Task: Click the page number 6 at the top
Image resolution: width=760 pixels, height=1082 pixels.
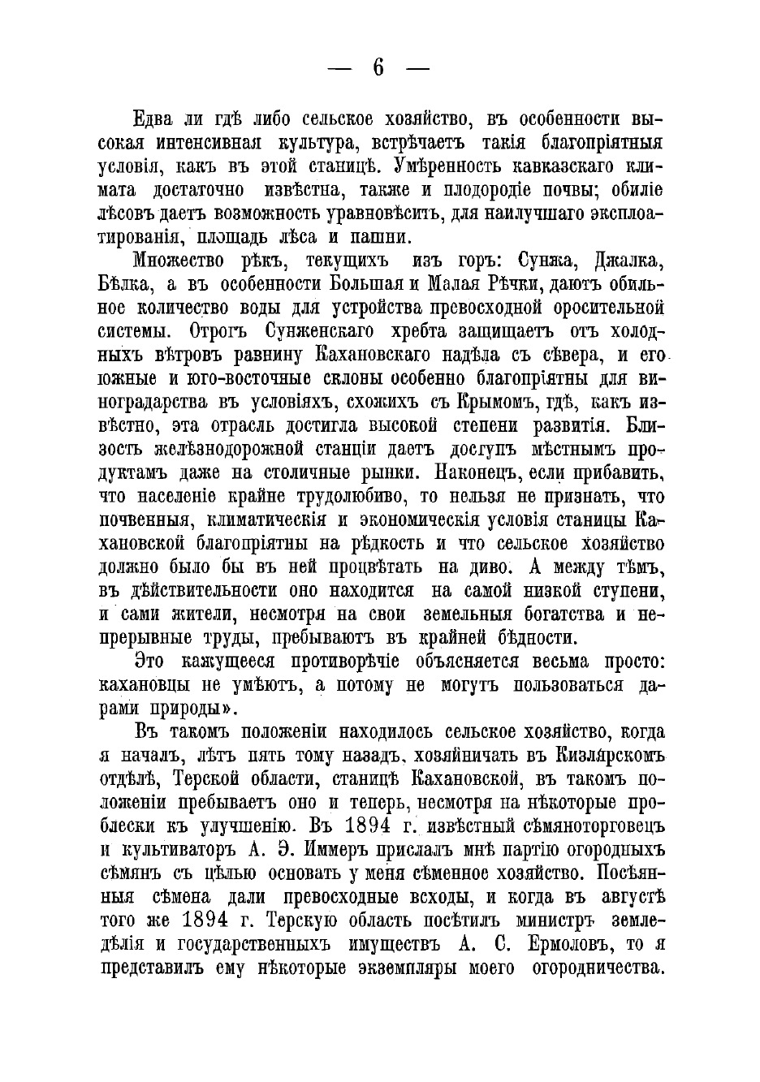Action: pyautogui.click(x=378, y=68)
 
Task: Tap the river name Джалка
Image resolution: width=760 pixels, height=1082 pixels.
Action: pyautogui.click(x=630, y=262)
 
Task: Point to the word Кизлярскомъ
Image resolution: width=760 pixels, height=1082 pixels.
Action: pyautogui.click(x=599, y=756)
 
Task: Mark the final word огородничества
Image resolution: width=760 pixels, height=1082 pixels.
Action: pyautogui.click(x=598, y=968)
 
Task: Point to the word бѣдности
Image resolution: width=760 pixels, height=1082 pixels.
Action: pyautogui.click(x=545, y=637)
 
